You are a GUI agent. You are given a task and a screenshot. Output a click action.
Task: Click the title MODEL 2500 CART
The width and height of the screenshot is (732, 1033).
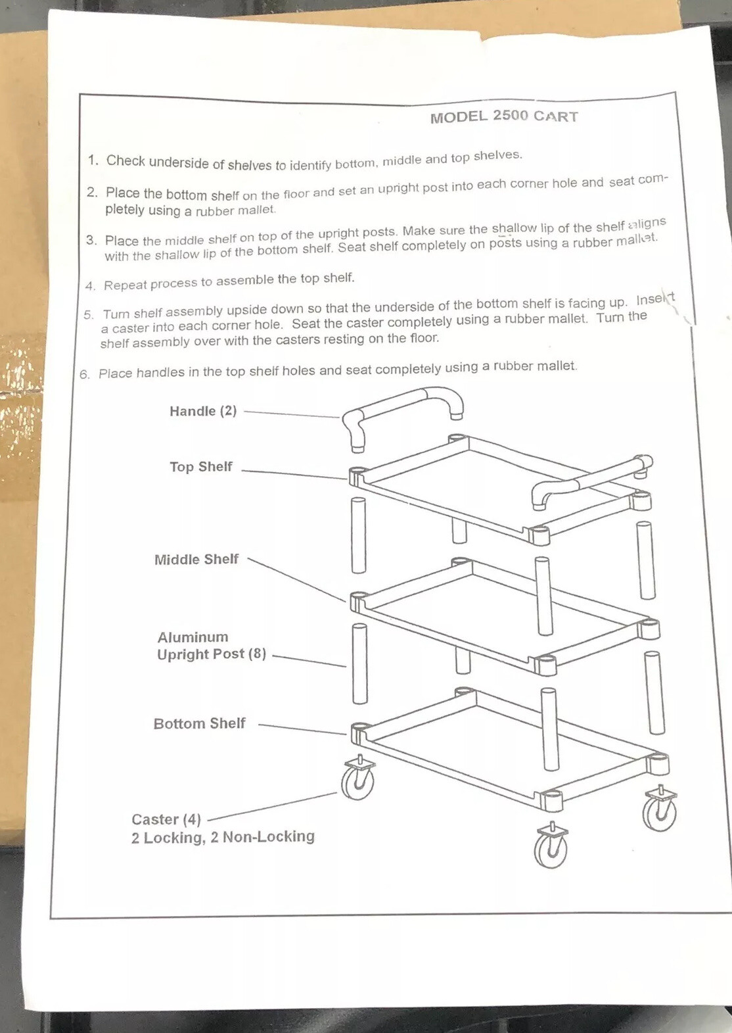pyautogui.click(x=504, y=116)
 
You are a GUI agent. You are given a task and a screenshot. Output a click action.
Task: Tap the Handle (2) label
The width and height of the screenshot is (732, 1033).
pyautogui.click(x=202, y=411)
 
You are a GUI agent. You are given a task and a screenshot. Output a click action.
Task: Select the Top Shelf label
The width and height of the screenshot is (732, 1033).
pyautogui.click(x=200, y=467)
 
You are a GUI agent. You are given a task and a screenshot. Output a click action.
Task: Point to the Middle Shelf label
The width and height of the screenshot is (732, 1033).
pyautogui.click(x=196, y=560)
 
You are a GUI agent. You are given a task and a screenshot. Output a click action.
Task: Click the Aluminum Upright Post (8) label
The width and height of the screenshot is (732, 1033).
pyautogui.click(x=211, y=646)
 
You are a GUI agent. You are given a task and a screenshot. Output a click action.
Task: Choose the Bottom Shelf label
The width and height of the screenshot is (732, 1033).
pyautogui.click(x=199, y=723)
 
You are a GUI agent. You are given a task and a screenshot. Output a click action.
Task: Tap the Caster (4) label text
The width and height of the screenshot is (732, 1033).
pyautogui.click(x=166, y=819)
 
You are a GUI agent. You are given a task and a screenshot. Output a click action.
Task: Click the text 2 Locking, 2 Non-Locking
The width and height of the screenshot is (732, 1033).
pyautogui.click(x=223, y=837)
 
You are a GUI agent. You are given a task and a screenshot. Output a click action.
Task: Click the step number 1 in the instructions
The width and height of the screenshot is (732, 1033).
pyautogui.click(x=93, y=160)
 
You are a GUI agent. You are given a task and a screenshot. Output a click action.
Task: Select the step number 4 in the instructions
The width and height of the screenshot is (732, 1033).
pyautogui.click(x=89, y=286)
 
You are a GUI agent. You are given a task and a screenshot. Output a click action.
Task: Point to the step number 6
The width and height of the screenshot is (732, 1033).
pyautogui.click(x=84, y=374)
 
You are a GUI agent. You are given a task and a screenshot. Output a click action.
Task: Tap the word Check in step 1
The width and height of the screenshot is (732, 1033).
pyautogui.click(x=126, y=161)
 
